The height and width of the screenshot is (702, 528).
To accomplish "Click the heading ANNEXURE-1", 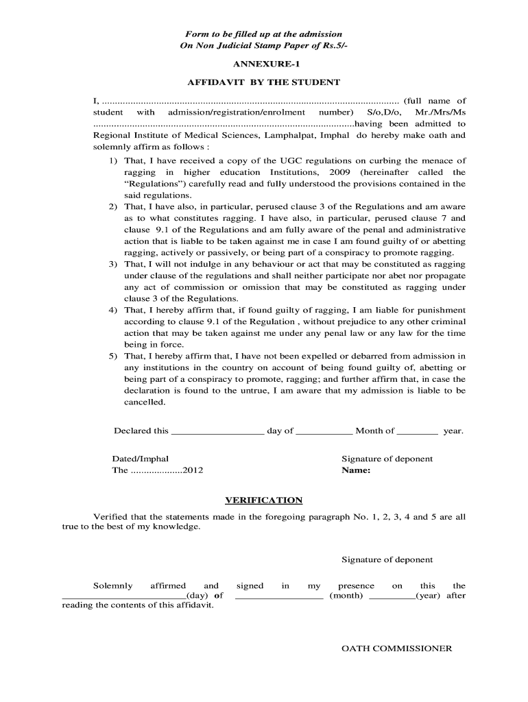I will pyautogui.click(x=263, y=64).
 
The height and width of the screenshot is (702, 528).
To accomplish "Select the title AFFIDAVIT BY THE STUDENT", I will pyautogui.click(x=263, y=82).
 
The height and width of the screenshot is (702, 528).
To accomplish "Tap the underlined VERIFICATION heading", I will pyautogui.click(x=264, y=500).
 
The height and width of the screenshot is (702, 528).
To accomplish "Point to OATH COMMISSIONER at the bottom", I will pyautogui.click(x=397, y=649).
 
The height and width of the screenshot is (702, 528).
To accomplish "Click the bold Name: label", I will pyautogui.click(x=356, y=471).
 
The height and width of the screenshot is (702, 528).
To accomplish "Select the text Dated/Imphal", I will pyautogui.click(x=140, y=459).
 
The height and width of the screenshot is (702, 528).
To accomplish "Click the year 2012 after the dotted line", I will pyautogui.click(x=193, y=471).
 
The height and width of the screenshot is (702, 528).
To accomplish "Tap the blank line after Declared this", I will pyautogui.click(x=217, y=431).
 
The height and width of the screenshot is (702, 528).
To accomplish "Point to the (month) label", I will pyautogui.click(x=346, y=596).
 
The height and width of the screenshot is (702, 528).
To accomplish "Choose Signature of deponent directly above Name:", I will pyautogui.click(x=387, y=459).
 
